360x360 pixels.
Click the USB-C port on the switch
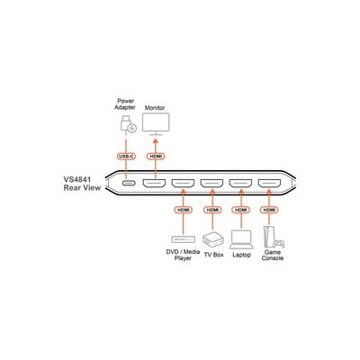[128, 183]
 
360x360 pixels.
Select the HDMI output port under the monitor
[154, 183]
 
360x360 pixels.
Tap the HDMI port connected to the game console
[269, 183]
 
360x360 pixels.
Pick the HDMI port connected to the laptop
[240, 183]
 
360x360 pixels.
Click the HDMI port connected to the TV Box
[211, 183]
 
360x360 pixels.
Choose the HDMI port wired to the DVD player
[183, 183]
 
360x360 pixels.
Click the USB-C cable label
[126, 157]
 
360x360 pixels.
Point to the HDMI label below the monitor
[156, 157]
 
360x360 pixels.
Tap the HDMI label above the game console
[269, 210]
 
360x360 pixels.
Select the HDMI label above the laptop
[241, 210]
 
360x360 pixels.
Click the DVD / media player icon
[184, 239]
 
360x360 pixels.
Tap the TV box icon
[212, 239]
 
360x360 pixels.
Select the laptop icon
[241, 239]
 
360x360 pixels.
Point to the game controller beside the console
[280, 243]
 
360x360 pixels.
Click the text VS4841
[77, 180]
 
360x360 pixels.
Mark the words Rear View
[82, 188]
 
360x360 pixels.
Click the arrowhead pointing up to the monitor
[156, 141]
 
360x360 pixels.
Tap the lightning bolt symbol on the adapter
[132, 129]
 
